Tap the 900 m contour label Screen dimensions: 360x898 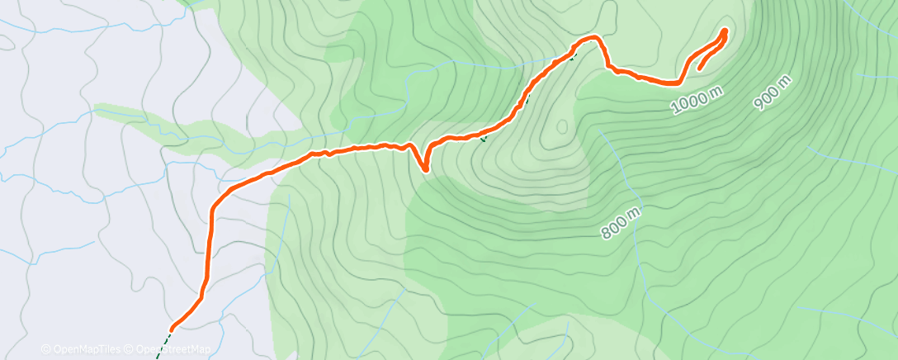773,92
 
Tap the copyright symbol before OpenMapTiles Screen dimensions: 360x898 45,349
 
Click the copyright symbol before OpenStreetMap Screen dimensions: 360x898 131,349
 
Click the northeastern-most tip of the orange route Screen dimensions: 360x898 725,31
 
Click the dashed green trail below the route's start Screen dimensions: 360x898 163,341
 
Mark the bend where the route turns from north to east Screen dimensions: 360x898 213,206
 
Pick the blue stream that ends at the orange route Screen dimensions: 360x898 495,65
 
